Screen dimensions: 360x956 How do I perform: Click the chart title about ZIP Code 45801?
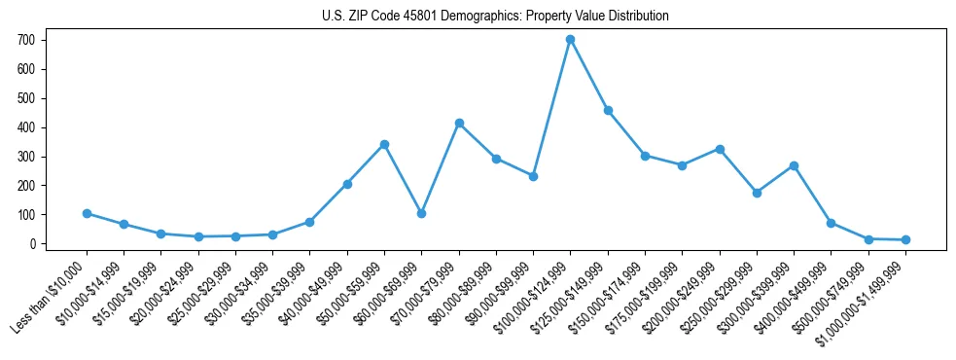[495, 17]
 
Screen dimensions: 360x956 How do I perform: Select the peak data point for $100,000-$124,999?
[570, 39]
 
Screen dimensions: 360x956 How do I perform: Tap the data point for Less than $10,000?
[87, 213]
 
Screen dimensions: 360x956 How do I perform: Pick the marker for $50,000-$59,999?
[384, 144]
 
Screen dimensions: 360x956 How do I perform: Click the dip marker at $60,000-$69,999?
[421, 213]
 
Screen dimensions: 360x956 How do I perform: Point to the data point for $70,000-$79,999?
[459, 123]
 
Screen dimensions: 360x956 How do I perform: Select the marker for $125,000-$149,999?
[608, 110]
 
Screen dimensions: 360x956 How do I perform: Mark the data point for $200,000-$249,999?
[720, 149]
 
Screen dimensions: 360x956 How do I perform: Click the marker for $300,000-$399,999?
[794, 165]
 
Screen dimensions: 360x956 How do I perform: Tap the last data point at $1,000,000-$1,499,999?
[905, 239]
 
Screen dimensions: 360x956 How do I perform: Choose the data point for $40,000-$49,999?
[347, 184]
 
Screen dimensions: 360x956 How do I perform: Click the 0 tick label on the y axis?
[31, 244]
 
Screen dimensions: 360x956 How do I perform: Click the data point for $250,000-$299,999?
[757, 193]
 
